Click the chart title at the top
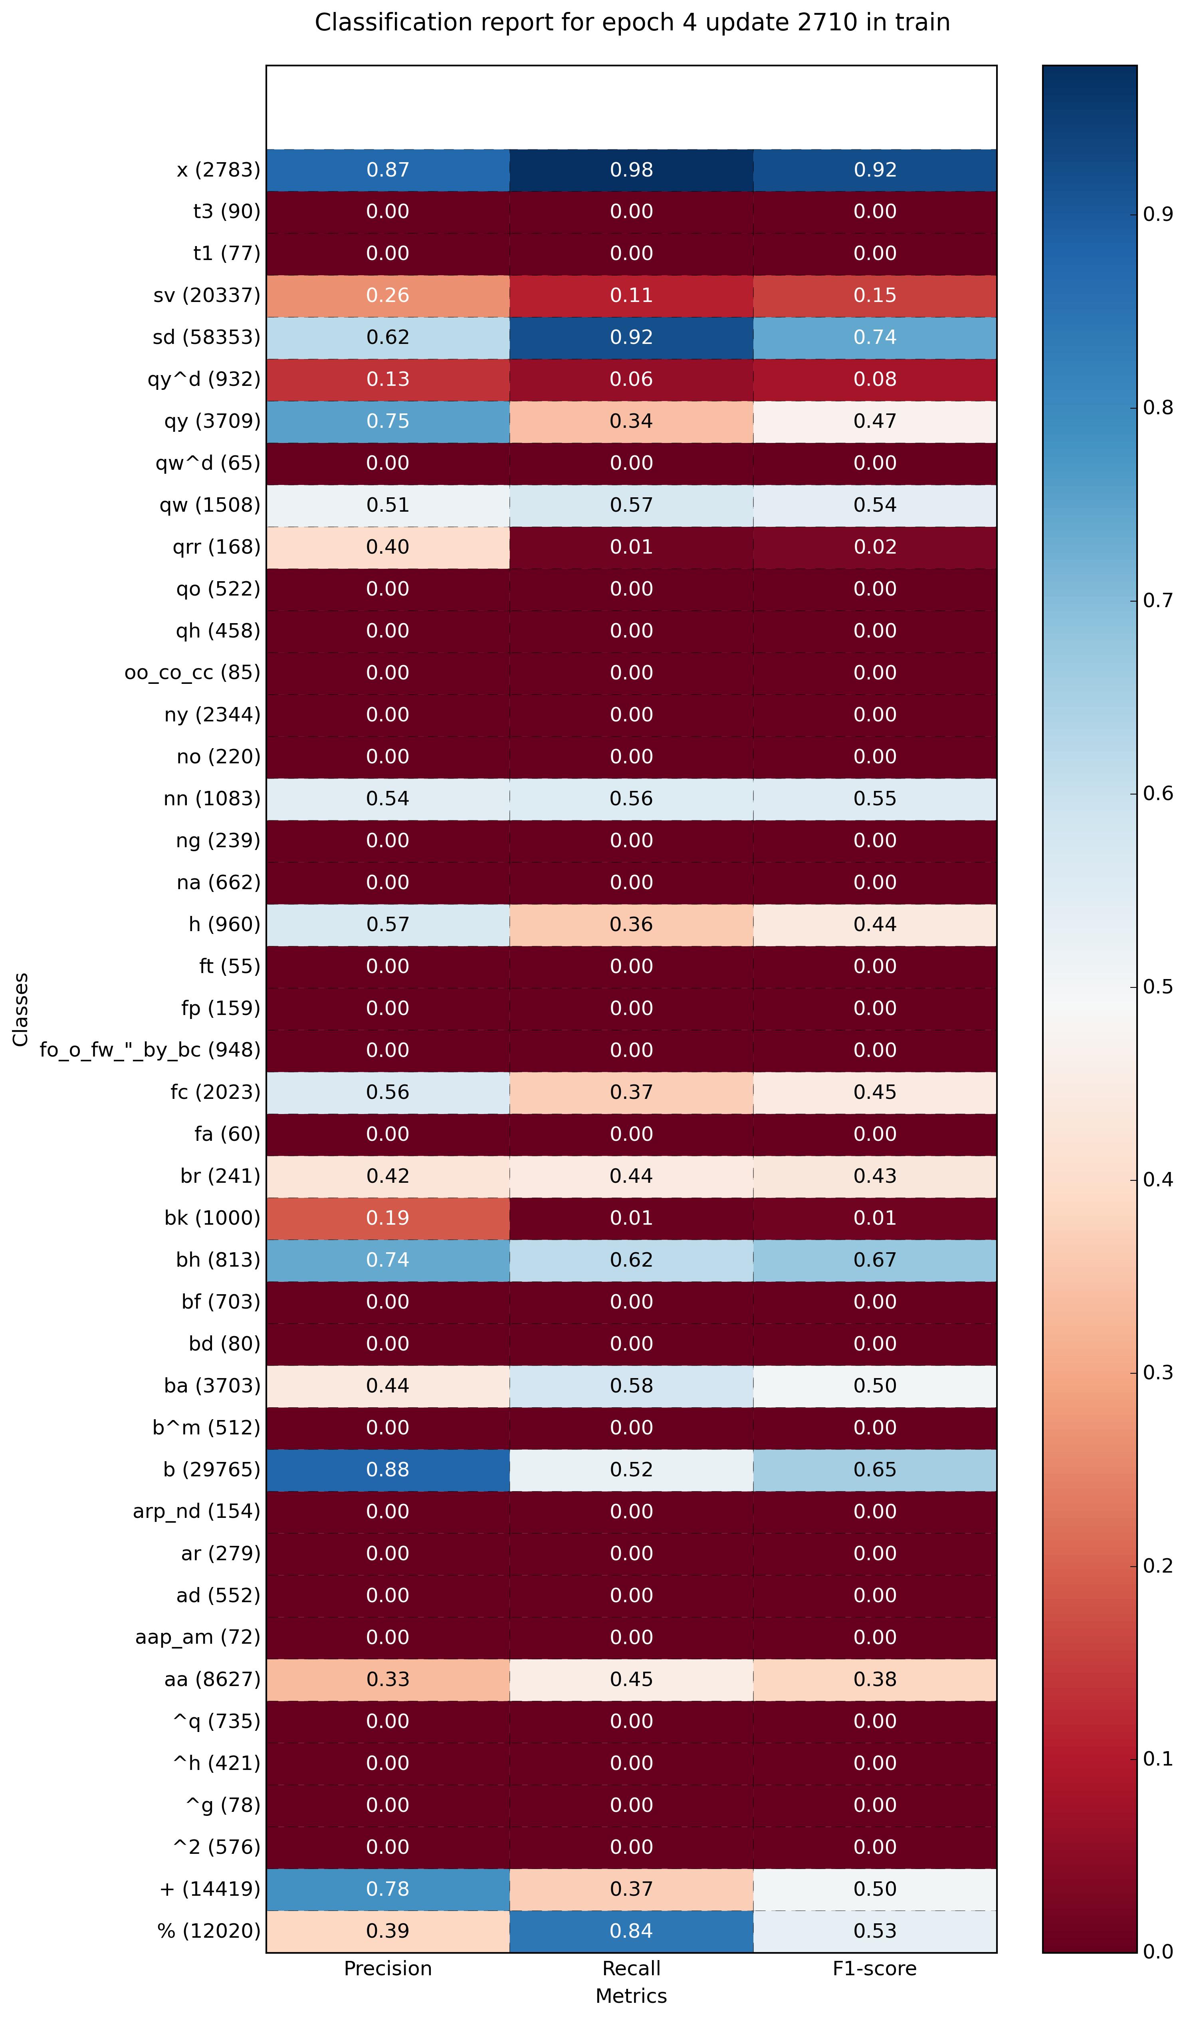(632, 22)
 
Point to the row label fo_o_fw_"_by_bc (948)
(151, 1050)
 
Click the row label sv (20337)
(206, 296)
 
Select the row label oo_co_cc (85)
(192, 673)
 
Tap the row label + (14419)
(210, 1889)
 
